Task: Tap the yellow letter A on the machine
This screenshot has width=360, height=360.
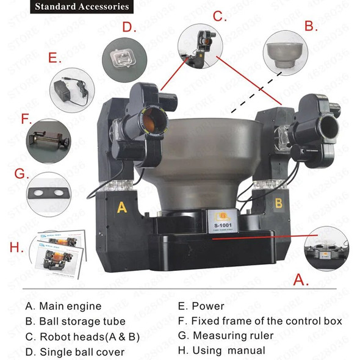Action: [121, 207]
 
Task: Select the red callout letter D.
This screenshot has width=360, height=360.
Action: [127, 26]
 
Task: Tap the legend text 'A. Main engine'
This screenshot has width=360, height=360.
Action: [63, 306]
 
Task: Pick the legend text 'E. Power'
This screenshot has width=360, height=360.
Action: [201, 306]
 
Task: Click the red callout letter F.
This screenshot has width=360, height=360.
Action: [26, 117]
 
